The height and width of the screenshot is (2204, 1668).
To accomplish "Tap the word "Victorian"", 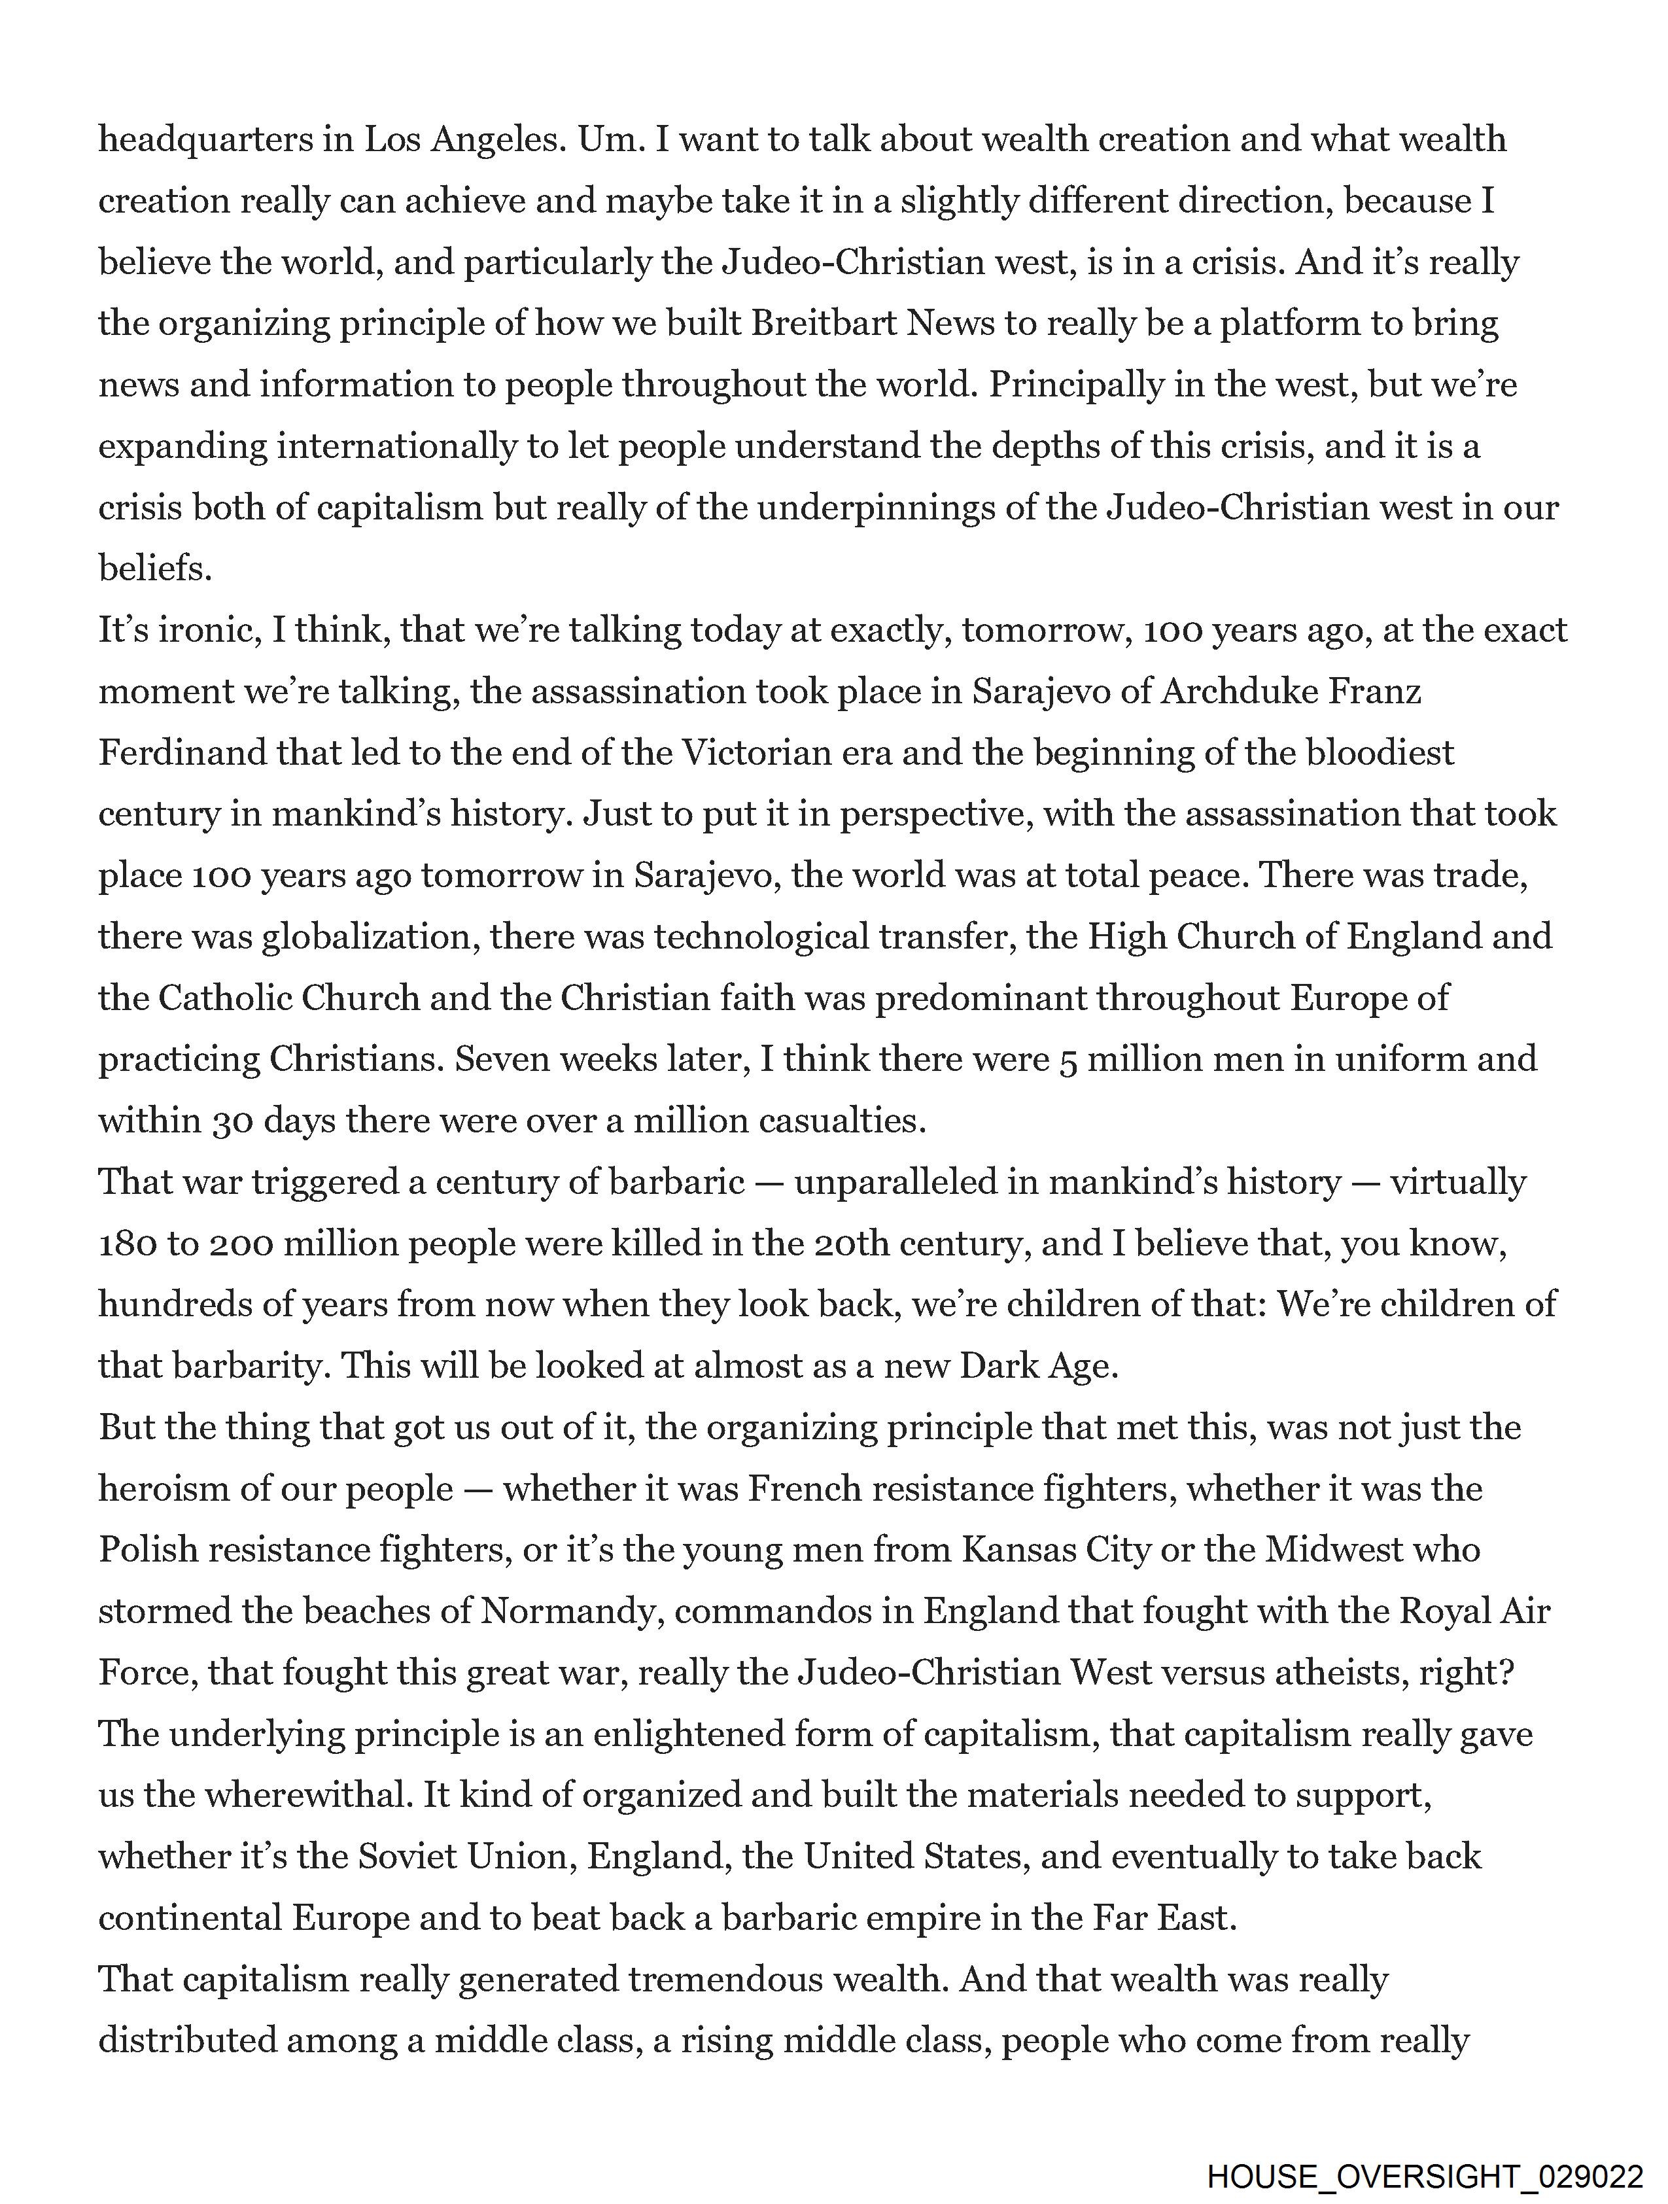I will [x=756, y=752].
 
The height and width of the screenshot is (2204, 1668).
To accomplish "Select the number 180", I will [x=126, y=1244].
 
